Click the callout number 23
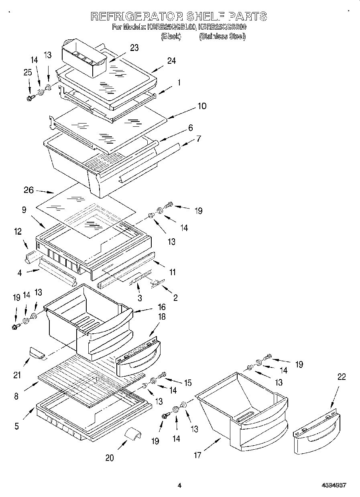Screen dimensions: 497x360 click(x=134, y=48)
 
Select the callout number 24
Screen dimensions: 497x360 click(x=171, y=61)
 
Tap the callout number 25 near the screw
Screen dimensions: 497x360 click(x=27, y=72)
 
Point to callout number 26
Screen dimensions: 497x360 click(x=28, y=190)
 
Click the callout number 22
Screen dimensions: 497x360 click(x=341, y=377)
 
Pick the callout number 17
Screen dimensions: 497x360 click(x=197, y=455)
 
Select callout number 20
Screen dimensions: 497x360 click(x=109, y=457)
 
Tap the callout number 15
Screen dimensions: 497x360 click(x=187, y=383)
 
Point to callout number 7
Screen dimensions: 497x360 click(x=198, y=139)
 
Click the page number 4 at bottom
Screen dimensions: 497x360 click(x=179, y=485)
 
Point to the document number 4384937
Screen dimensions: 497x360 click(x=334, y=485)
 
